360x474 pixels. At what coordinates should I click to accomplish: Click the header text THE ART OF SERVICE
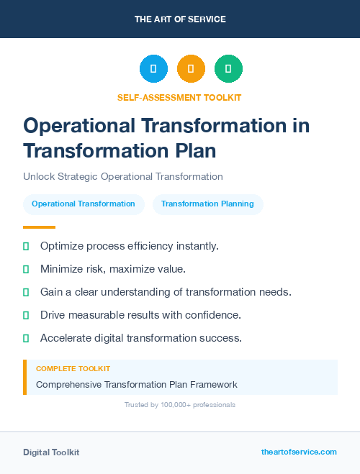180,19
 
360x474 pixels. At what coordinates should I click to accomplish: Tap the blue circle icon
153,69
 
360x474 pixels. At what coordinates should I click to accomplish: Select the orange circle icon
191,69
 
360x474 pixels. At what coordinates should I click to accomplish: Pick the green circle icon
228,69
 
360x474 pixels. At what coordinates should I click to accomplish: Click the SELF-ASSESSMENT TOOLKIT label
179,97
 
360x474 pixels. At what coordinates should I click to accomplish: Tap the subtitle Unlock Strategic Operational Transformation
123,176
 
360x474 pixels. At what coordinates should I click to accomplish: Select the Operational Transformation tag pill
84,204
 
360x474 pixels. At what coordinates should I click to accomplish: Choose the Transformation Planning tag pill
207,204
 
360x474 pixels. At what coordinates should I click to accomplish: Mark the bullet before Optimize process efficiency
26,246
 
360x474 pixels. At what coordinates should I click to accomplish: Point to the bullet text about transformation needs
166,292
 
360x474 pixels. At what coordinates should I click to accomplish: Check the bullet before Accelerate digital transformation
26,338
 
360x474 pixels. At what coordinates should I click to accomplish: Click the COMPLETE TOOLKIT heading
73,369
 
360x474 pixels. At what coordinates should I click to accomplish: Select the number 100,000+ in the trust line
173,405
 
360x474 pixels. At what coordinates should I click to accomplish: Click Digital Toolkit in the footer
51,452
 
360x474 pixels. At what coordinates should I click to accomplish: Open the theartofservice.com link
299,452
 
